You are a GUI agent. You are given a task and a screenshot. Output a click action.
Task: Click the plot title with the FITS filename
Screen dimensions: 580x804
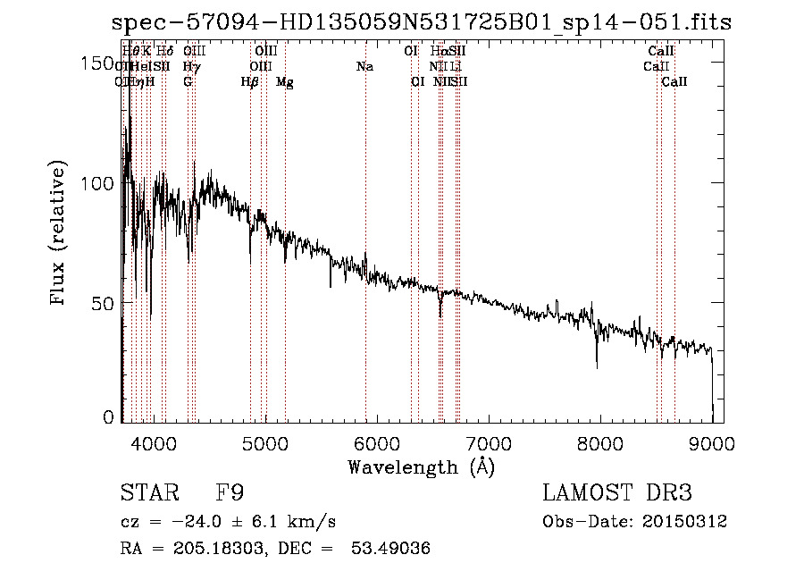pyautogui.click(x=422, y=22)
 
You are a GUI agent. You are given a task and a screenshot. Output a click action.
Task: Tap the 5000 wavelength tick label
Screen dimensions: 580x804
pyautogui.click(x=264, y=443)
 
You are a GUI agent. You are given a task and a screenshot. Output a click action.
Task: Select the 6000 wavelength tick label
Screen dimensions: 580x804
pyautogui.click(x=376, y=443)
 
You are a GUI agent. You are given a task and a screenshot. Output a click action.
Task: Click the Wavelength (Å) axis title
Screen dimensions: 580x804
pyautogui.click(x=421, y=467)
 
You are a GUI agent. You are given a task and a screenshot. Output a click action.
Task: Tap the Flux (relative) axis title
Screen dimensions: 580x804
pyautogui.click(x=60, y=235)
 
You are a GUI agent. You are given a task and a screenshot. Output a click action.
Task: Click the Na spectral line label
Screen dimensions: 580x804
pyautogui.click(x=364, y=67)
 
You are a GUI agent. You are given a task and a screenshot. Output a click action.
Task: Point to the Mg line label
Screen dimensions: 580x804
pyautogui.click(x=285, y=82)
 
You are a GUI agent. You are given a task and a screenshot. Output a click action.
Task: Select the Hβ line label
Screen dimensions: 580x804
pyautogui.click(x=250, y=82)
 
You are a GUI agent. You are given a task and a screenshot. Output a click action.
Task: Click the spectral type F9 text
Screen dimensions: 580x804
pyautogui.click(x=230, y=493)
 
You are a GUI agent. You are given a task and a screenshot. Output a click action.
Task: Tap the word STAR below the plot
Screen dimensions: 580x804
pyautogui.click(x=147, y=493)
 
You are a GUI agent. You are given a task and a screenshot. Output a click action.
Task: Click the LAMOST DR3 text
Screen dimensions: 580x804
pyautogui.click(x=617, y=493)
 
